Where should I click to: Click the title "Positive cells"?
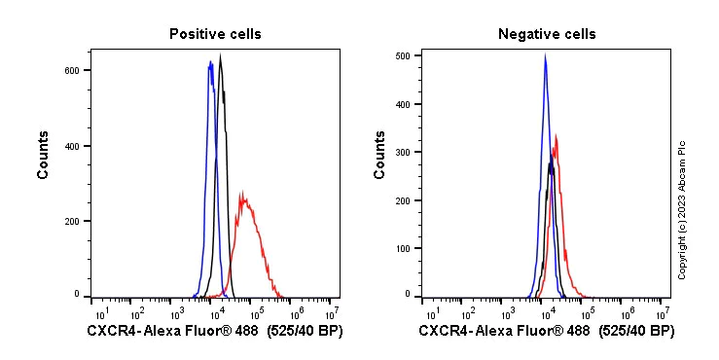pos(215,34)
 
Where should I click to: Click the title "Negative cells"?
pos(546,34)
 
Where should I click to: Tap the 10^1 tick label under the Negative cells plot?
pos(429,312)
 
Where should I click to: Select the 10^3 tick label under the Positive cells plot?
pos(177,312)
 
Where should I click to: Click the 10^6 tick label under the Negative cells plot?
pos(626,312)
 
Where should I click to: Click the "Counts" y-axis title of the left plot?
pos(44,155)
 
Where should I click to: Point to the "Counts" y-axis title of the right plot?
pos(380,155)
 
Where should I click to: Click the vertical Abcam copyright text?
pos(682,210)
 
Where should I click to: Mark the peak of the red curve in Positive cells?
pos(241,192)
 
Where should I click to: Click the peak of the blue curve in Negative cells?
pos(545,55)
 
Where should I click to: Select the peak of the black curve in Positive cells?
pos(221,55)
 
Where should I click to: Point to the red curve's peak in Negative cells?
pos(556,135)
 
